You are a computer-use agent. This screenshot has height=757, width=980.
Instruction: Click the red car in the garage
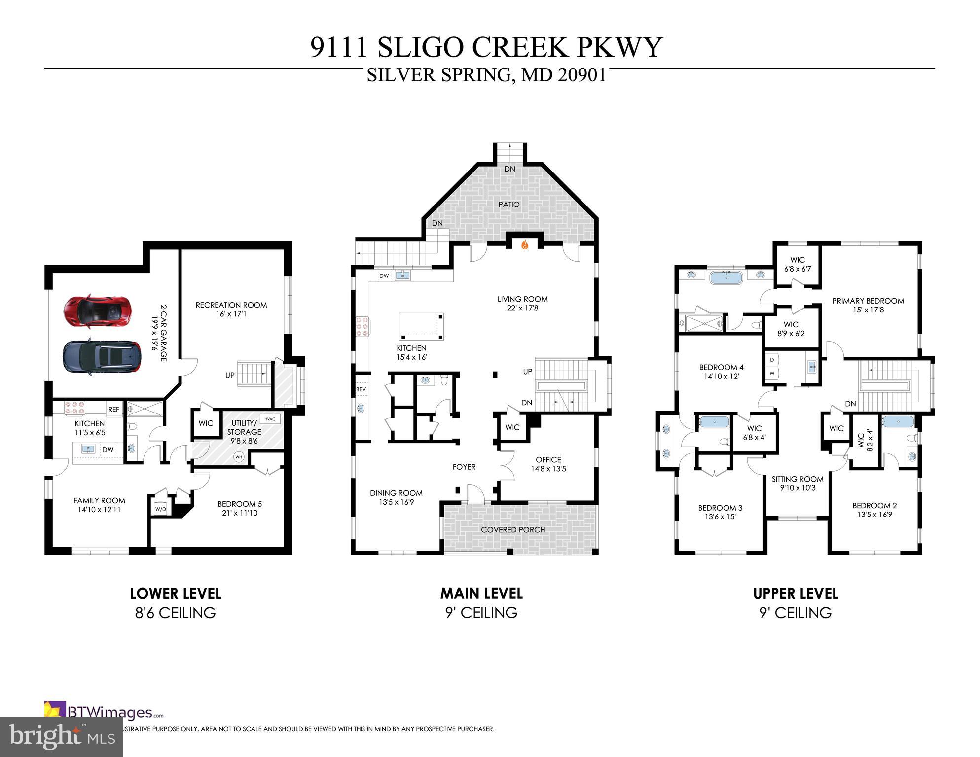click(97, 311)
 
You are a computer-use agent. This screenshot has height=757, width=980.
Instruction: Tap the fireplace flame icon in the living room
click(525, 243)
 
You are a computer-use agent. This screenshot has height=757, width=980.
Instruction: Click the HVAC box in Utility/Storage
click(269, 419)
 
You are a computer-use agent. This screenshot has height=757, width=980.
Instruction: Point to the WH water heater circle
click(239, 457)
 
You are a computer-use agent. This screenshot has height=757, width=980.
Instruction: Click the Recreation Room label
click(231, 305)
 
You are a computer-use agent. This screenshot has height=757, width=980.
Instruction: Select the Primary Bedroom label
click(868, 301)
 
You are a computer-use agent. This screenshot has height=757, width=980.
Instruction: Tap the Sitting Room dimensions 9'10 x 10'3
click(798, 488)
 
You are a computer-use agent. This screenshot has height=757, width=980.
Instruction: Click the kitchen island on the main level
click(421, 326)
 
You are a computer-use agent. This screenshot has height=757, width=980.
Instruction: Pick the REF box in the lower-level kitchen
click(113, 409)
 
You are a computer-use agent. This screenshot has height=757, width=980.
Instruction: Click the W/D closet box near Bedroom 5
click(160, 509)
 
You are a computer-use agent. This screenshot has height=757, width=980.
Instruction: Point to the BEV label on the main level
click(361, 389)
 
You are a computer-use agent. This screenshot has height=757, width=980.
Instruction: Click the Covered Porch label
click(513, 530)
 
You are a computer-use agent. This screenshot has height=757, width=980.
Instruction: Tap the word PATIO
click(508, 204)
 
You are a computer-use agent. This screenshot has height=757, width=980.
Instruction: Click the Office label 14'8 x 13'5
click(548, 464)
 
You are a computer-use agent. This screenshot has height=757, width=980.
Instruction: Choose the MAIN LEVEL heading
click(481, 593)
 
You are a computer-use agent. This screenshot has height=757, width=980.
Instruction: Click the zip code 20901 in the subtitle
click(582, 75)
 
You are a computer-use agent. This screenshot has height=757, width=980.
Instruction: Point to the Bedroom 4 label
click(721, 367)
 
